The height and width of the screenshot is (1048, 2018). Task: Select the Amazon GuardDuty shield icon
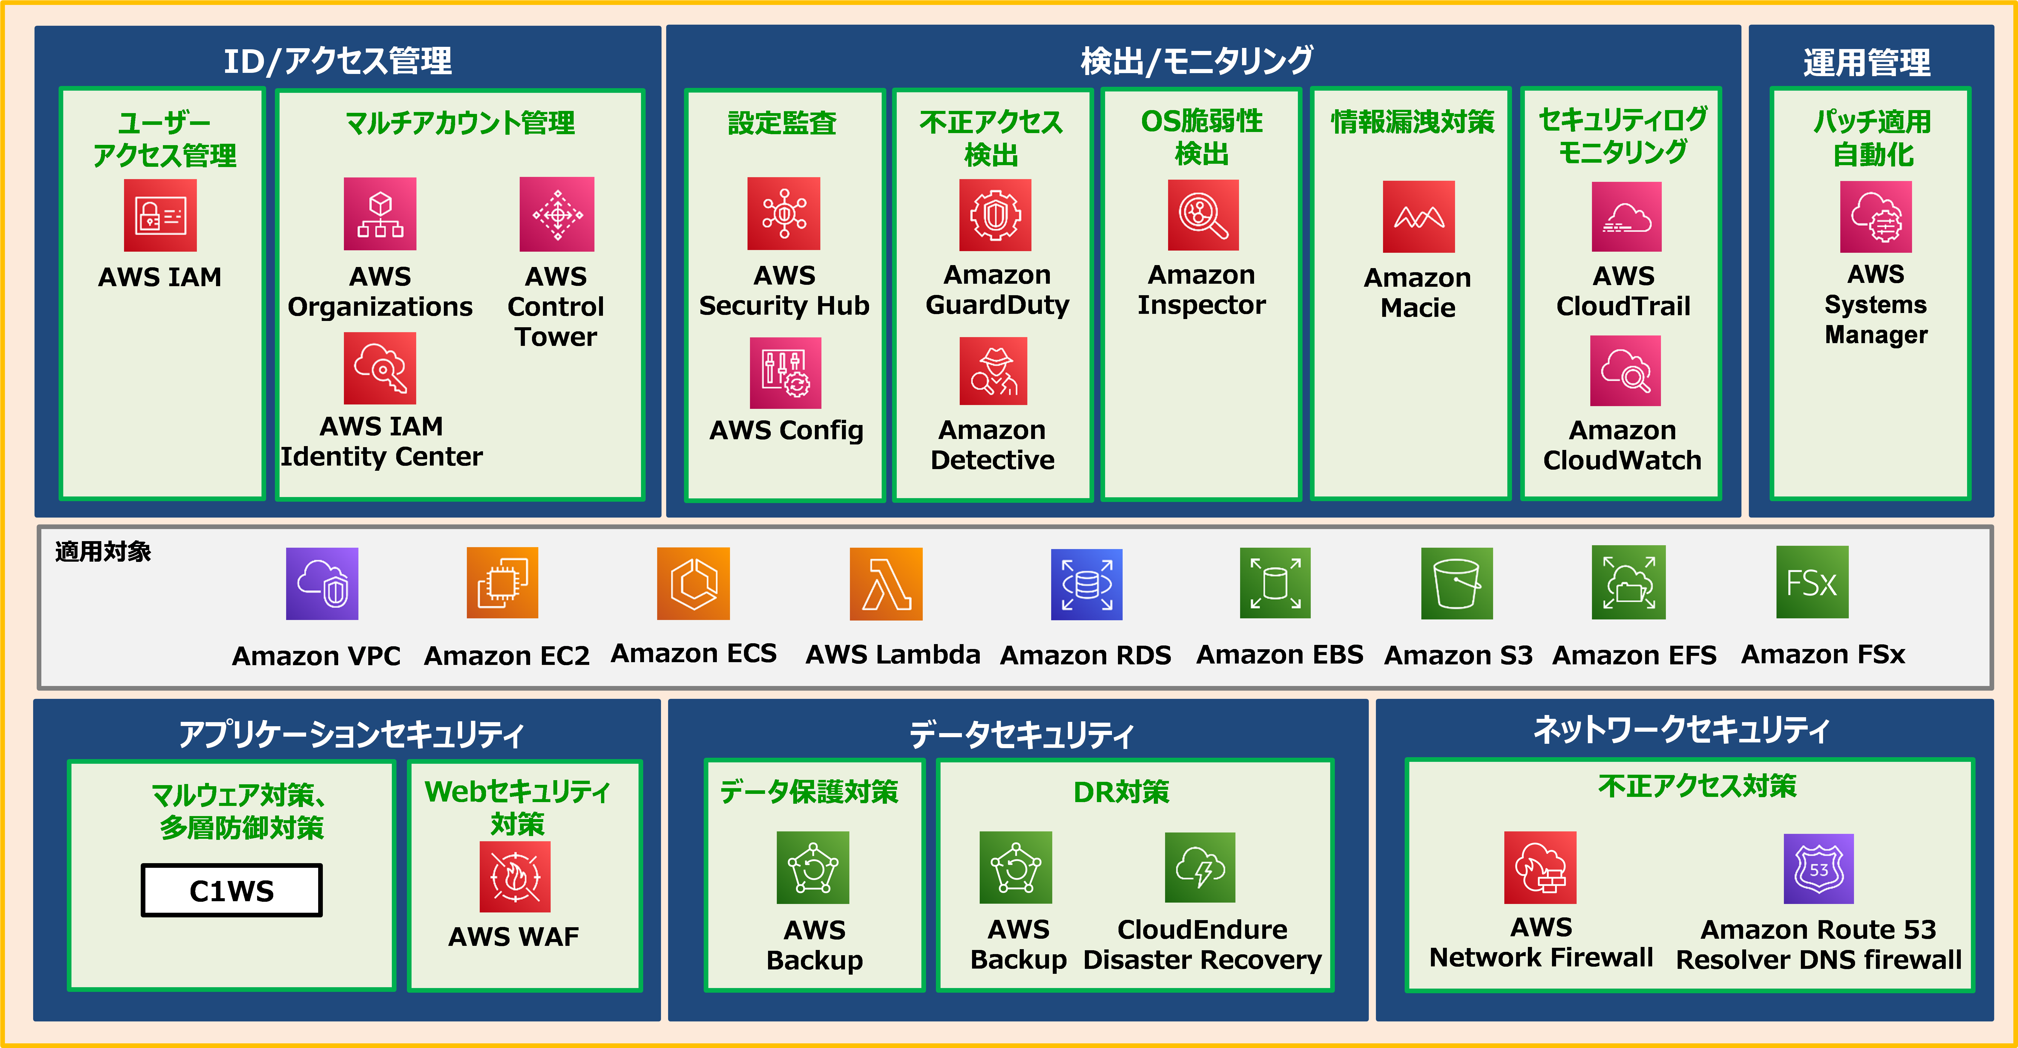[x=995, y=216]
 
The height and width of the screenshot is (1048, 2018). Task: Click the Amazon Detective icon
[x=993, y=371]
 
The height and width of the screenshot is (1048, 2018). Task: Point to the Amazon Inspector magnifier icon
[x=1203, y=216]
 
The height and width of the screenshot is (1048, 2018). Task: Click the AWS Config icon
[x=785, y=373]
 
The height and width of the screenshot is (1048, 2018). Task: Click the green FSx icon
[x=1811, y=582]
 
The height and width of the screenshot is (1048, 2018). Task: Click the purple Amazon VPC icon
[x=322, y=584]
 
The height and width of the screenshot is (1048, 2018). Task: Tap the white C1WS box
[x=232, y=890]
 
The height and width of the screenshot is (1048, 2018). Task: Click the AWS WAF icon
[x=515, y=877]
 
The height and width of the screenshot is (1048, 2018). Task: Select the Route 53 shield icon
[x=1818, y=869]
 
